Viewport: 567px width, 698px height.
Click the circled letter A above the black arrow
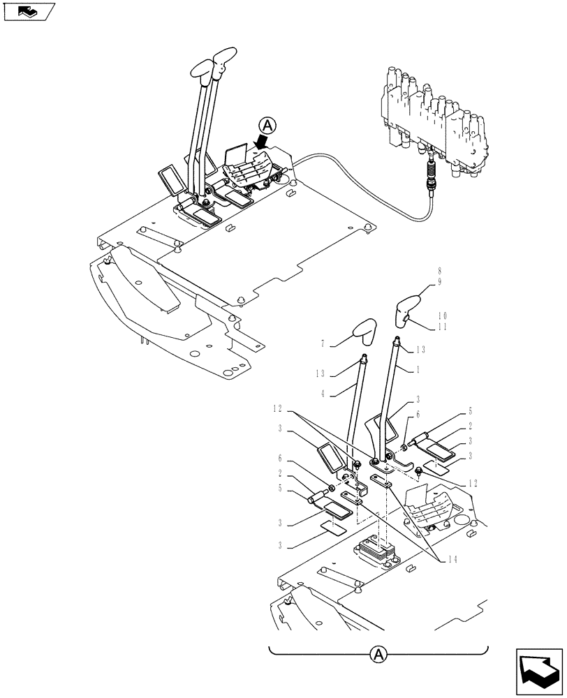coord(268,126)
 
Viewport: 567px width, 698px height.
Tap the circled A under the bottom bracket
coord(377,654)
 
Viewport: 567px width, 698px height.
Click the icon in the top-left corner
coord(29,11)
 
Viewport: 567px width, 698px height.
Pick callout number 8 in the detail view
coord(440,269)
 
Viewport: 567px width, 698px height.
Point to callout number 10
coord(441,315)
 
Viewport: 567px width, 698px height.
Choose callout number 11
coord(441,325)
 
